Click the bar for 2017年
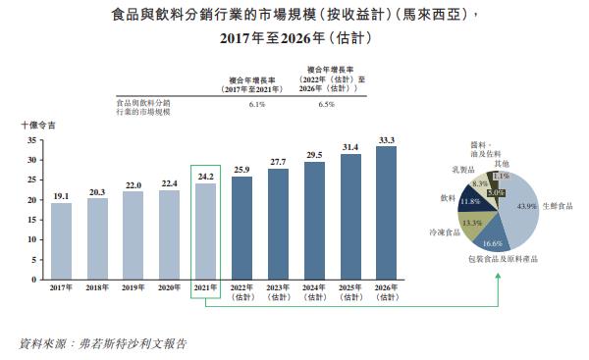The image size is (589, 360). click(61, 240)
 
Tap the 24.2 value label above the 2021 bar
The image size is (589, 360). click(205, 177)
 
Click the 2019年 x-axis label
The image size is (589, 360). click(134, 287)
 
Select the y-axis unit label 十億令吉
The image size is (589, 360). click(39, 125)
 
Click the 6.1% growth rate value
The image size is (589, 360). click(257, 103)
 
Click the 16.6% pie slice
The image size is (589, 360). click(494, 238)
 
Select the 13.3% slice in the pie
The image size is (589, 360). click(471, 223)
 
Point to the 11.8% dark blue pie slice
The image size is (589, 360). click(470, 201)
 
